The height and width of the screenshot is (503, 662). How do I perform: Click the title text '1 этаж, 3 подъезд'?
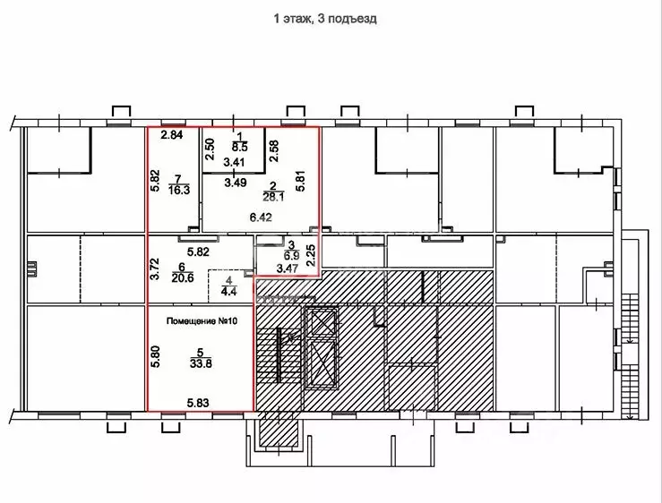[x=325, y=19]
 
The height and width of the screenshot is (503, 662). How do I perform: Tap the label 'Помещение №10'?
[x=202, y=321]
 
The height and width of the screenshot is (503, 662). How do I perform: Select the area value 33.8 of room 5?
[x=201, y=363]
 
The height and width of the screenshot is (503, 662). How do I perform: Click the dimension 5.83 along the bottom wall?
[x=198, y=403]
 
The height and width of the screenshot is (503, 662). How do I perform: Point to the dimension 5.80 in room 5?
[x=155, y=357]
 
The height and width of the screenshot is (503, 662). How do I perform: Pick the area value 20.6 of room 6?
[x=183, y=278]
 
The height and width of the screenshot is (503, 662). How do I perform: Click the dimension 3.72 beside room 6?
[x=155, y=269]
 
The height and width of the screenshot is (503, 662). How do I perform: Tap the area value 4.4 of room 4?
[x=228, y=291]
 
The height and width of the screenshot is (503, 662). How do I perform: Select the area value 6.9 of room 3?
[x=291, y=256]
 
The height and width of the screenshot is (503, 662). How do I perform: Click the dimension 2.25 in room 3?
[x=311, y=256]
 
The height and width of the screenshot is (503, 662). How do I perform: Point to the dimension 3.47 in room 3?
[x=288, y=268]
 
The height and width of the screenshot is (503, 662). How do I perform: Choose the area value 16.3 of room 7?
[x=179, y=191]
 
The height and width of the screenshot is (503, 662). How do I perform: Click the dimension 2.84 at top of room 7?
[x=172, y=135]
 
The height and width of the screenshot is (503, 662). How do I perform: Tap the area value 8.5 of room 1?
[x=239, y=148]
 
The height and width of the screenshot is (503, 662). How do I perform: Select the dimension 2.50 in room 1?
[x=210, y=149]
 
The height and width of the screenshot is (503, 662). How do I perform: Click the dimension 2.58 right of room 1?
[x=274, y=151]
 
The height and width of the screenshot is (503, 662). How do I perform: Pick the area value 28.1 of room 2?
[x=273, y=197]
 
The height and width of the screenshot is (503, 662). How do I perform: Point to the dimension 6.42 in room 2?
[x=261, y=217]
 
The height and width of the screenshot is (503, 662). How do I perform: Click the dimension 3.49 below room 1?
[x=236, y=183]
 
